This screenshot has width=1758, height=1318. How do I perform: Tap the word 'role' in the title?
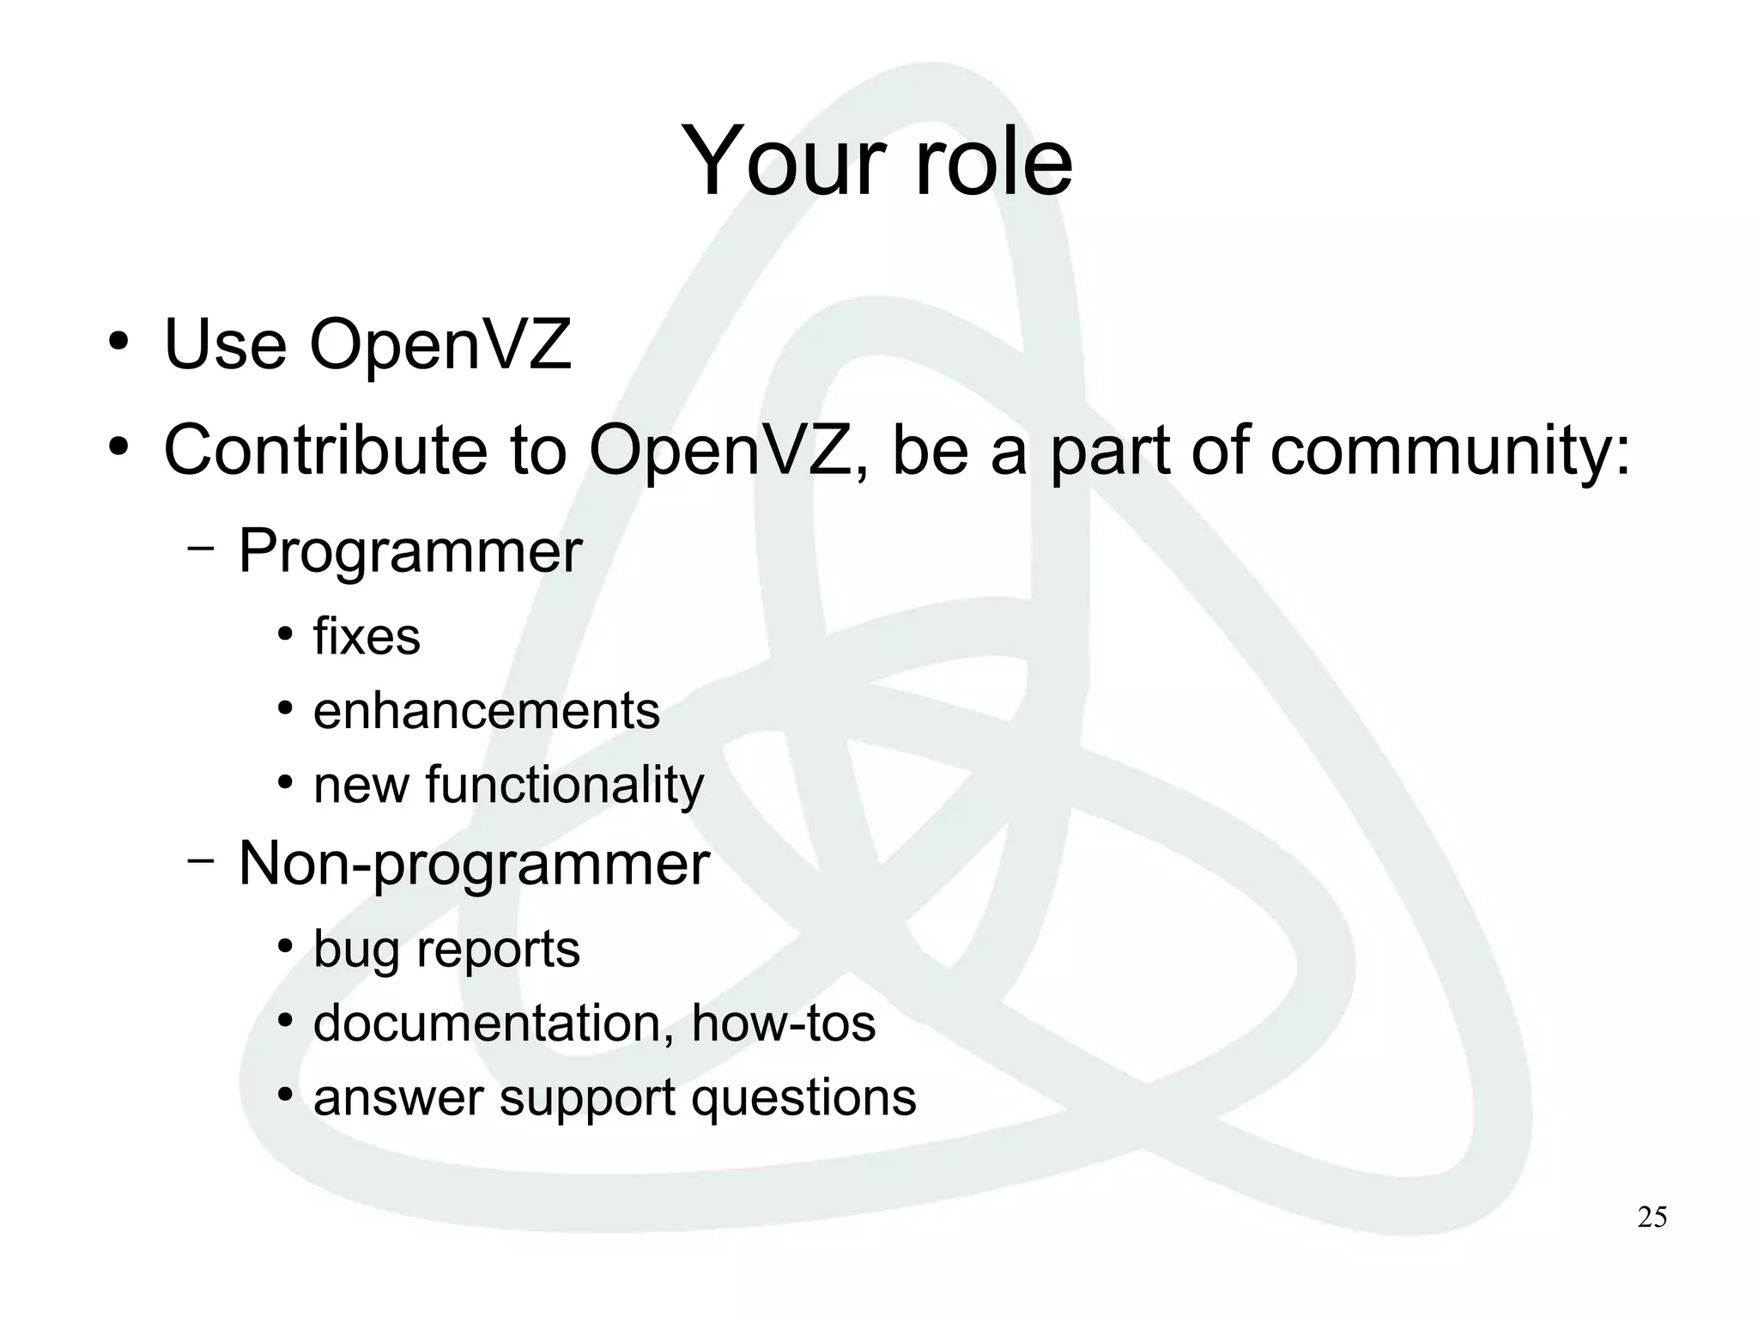point(993,161)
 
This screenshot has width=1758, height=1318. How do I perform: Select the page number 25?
point(1652,1218)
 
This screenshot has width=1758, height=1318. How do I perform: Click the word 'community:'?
point(1450,452)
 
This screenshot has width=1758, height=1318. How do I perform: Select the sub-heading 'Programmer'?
point(410,551)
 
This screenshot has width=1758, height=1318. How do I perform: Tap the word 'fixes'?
point(367,637)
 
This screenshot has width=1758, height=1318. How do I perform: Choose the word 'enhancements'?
point(487,711)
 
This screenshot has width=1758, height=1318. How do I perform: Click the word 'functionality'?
point(564,786)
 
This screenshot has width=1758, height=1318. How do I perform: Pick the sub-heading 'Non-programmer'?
point(474,864)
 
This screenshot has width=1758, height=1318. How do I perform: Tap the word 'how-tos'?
point(783,1023)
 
